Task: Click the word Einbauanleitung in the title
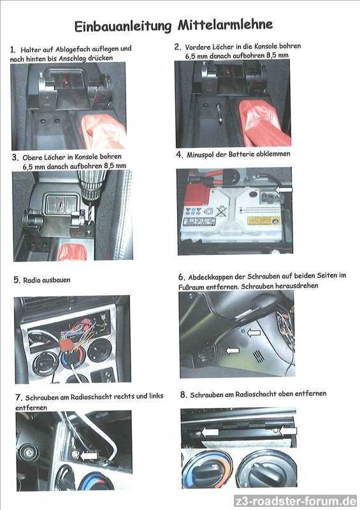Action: (122, 26)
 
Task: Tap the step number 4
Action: (180, 154)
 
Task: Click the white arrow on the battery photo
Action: (284, 189)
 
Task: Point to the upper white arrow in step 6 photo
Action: (254, 333)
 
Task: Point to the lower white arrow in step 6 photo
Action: (233, 350)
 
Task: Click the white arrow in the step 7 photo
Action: (89, 456)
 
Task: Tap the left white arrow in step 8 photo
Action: (210, 432)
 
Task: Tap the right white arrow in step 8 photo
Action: (289, 432)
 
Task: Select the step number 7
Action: (19, 397)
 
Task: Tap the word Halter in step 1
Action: (30, 50)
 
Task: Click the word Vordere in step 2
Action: (198, 47)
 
